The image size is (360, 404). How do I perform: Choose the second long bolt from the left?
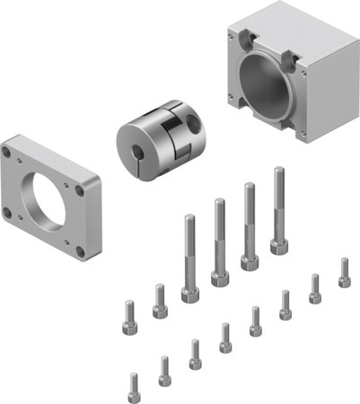pyautogui.click(x=218, y=242)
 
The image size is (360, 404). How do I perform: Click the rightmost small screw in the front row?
pyautogui.click(x=344, y=273)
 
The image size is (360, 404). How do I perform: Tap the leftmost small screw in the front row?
pyautogui.click(x=135, y=386)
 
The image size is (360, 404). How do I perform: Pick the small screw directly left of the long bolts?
pyautogui.click(x=160, y=302)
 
